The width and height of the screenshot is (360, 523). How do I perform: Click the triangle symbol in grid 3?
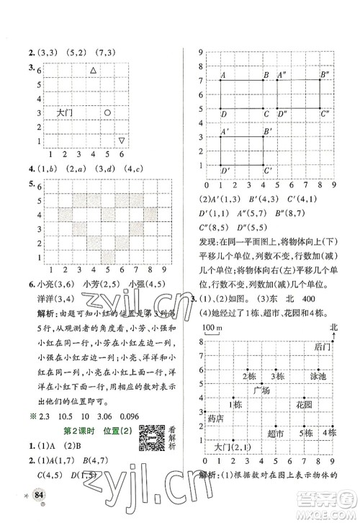pos(92,70)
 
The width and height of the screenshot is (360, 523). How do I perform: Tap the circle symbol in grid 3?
pos(107,112)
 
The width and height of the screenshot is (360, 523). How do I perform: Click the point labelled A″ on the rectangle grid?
pos(281,75)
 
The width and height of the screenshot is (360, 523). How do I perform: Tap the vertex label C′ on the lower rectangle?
pos(268,171)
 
